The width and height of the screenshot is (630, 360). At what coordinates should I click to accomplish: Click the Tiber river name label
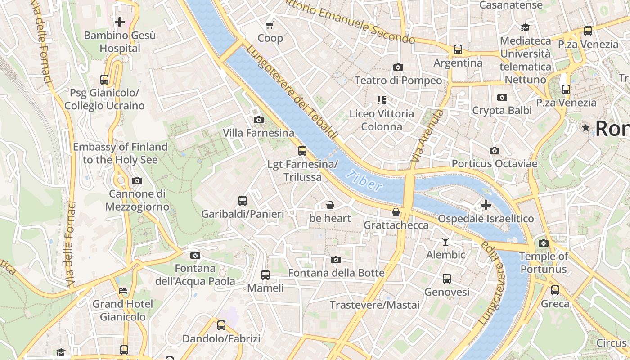coord(365,180)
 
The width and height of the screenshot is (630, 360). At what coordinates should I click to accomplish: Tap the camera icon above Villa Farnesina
coord(259,120)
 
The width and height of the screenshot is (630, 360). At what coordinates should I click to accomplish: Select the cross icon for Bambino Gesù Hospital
coord(120,22)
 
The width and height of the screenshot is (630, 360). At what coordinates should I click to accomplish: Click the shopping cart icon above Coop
coord(270,25)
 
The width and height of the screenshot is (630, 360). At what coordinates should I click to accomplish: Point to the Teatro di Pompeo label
coord(398,81)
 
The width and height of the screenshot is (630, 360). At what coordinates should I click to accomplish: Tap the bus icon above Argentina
coord(458,49)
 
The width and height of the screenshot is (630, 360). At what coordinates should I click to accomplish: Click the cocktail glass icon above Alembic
coord(445,242)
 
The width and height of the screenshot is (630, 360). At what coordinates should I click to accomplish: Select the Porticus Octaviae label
coord(494,164)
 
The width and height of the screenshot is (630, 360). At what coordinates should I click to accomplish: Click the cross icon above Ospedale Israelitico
coord(486,205)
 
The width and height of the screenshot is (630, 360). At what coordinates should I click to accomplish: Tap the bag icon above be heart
coord(330,205)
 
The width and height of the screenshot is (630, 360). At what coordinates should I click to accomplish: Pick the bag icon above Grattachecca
coord(396,211)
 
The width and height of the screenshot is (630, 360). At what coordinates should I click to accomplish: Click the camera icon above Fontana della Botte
coord(336,260)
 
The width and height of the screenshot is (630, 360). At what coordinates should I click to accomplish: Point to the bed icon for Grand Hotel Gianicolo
coord(122,291)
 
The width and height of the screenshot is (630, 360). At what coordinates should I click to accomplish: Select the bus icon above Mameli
coord(265,274)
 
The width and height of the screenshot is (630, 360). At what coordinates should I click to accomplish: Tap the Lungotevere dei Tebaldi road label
coord(292,93)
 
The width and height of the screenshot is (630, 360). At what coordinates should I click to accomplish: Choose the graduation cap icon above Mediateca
coord(525,27)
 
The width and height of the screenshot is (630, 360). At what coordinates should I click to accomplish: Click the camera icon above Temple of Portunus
coord(544,243)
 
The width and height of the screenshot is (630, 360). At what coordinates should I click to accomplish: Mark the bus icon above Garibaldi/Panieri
coord(243,201)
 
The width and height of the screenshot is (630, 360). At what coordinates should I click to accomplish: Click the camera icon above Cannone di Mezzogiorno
coord(137,180)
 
